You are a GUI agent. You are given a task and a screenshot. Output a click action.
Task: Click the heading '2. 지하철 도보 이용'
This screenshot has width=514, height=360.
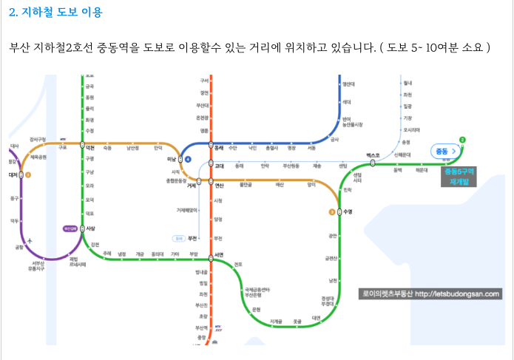(55, 13)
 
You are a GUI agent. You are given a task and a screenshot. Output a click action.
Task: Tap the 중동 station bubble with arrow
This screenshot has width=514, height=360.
(445, 152)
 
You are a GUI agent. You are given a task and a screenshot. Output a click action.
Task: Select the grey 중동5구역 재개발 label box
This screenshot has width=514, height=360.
(460, 176)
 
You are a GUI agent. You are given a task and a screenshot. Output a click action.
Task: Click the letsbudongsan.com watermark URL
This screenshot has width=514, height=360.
(431, 293)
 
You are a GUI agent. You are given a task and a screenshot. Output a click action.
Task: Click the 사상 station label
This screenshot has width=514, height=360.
(91, 229)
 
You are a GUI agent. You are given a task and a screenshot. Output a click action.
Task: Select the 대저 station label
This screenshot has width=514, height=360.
(13, 175)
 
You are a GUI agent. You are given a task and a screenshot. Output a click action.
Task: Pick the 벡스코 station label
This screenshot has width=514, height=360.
(373, 155)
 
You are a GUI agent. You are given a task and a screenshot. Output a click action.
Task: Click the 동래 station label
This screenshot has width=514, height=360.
(219, 148)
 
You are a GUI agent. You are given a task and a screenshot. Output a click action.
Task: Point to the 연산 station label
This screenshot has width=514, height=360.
(219, 186)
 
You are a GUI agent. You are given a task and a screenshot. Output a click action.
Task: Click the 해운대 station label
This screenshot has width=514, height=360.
(422, 170)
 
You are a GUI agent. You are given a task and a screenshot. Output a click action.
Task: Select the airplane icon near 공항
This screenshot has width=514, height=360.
(31, 241)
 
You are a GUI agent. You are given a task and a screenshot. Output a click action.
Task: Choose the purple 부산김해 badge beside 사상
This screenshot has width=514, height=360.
(71, 229)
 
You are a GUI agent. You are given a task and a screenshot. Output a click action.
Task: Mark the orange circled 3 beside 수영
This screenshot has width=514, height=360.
(332, 212)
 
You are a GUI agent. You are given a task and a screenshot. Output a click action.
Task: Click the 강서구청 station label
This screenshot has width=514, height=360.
(38, 139)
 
